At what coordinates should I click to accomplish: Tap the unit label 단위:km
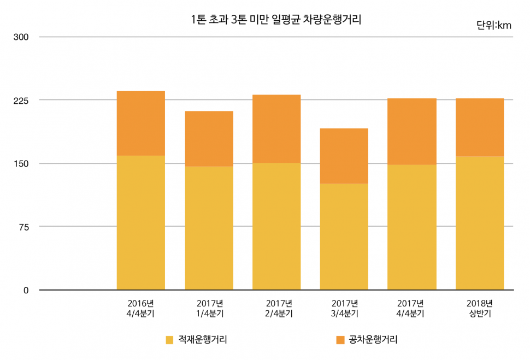click(493, 25)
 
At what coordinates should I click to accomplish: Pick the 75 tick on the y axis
click(23, 227)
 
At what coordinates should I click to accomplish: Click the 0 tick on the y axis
click(26, 290)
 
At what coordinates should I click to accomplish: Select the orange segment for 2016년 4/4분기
click(141, 123)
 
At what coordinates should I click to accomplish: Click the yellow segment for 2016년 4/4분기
click(141, 222)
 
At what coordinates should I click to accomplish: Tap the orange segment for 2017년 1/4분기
click(209, 139)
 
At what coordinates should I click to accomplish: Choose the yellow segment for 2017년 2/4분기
click(276, 226)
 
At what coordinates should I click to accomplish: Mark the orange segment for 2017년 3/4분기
click(344, 156)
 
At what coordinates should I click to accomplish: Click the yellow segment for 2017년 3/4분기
click(344, 237)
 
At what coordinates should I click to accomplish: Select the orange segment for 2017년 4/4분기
click(411, 132)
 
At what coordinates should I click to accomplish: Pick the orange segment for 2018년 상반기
click(479, 127)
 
